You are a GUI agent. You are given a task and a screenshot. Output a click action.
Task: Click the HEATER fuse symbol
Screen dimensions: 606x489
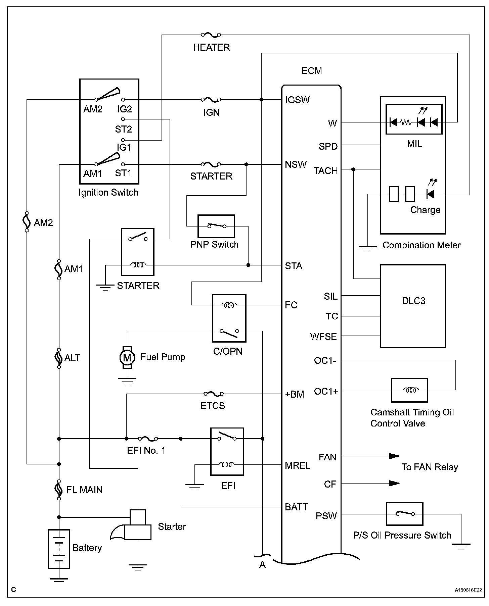pos(211,35)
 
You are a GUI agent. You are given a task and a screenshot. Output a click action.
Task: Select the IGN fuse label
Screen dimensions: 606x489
pos(211,112)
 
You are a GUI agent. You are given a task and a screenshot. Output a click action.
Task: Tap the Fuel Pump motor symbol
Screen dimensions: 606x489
pos(127,357)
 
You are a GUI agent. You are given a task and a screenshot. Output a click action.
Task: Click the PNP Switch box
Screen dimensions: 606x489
pos(216,226)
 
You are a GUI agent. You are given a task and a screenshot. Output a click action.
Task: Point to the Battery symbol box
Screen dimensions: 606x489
pos(59,549)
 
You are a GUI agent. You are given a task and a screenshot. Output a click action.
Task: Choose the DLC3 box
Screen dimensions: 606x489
pos(413,306)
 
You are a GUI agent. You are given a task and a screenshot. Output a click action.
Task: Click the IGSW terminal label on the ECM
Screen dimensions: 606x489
pos(297,100)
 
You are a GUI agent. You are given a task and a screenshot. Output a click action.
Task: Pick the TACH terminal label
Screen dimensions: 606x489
pos(325,171)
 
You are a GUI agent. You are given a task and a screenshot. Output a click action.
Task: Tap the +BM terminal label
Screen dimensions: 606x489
pos(295,394)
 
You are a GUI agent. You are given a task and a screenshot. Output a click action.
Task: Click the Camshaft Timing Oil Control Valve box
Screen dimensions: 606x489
pos(409,390)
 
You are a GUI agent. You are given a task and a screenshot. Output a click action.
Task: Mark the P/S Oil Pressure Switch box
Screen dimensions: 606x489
pos(404,514)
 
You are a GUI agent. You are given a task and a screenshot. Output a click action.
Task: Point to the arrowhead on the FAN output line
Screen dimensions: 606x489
pos(394,456)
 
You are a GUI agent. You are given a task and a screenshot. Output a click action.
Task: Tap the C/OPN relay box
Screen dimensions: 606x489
pos(229,318)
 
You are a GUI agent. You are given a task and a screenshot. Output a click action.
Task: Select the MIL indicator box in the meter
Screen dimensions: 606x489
pos(414,119)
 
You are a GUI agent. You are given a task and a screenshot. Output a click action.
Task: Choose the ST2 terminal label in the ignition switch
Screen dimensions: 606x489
pos(123,129)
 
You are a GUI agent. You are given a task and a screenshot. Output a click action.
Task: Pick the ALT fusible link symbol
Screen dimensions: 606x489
pos(59,358)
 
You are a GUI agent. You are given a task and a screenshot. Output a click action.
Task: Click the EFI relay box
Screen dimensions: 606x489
pos(227,451)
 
